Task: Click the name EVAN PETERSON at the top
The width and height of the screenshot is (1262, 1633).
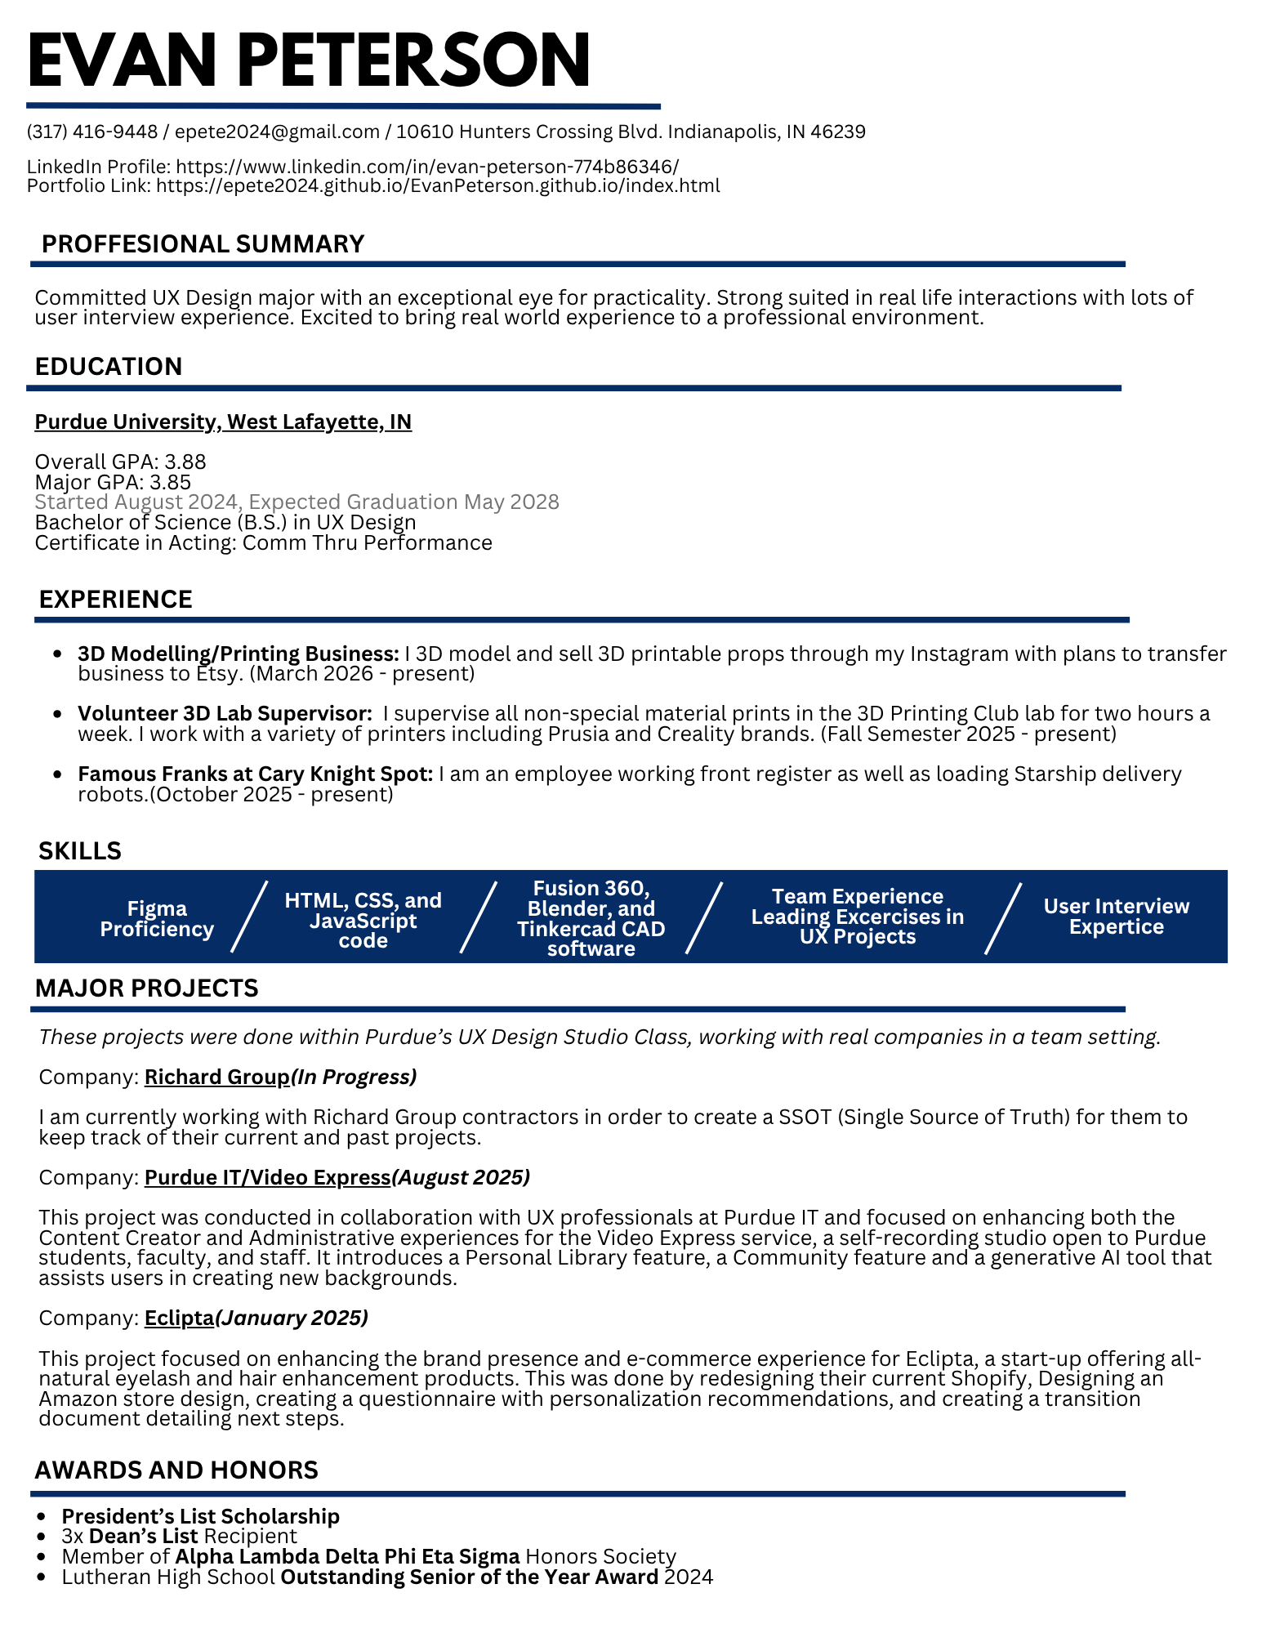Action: coord(309,60)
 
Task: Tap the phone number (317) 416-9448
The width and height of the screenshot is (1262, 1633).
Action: coord(92,132)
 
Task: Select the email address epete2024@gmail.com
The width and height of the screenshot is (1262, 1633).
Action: coord(278,132)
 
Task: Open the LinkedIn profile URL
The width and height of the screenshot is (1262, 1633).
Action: coord(427,167)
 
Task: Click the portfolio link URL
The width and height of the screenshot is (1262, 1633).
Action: coord(438,185)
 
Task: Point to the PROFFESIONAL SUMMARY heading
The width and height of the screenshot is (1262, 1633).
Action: coord(203,243)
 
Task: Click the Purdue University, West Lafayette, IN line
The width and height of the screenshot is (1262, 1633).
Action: coord(223,422)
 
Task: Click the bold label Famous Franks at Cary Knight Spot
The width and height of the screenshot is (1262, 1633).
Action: coord(255,773)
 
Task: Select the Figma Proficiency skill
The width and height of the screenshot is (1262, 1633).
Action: coord(157,919)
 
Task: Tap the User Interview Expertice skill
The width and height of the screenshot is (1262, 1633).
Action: coord(1116,917)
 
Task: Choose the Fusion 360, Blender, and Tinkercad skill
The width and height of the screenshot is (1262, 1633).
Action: coord(591,918)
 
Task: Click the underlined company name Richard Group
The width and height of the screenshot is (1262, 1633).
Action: coord(216,1077)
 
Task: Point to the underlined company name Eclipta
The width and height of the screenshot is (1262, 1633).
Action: coord(179,1318)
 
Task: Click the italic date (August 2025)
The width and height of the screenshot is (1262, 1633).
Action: coord(461,1177)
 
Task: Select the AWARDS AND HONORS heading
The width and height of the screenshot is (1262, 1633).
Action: coord(176,1470)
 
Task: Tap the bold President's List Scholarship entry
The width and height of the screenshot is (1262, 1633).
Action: coord(201,1516)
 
